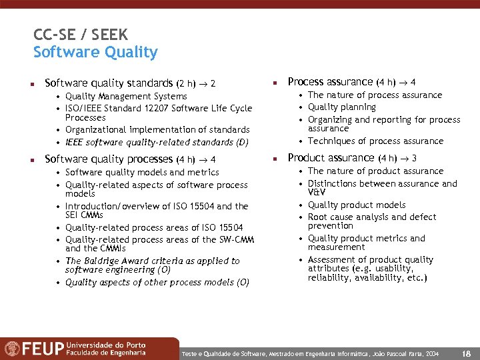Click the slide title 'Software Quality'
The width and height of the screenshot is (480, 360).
click(x=95, y=52)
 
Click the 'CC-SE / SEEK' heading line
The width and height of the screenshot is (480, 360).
click(x=80, y=35)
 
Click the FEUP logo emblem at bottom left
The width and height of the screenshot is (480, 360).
click(x=12, y=349)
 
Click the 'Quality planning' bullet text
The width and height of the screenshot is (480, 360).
click(x=342, y=107)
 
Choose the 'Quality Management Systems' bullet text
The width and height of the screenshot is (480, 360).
click(x=126, y=96)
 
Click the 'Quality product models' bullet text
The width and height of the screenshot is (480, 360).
click(x=357, y=205)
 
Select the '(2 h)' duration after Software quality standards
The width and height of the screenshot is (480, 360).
click(x=186, y=84)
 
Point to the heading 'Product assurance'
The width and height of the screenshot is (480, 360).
click(x=331, y=157)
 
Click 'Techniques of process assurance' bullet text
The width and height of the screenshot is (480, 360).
click(x=375, y=141)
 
